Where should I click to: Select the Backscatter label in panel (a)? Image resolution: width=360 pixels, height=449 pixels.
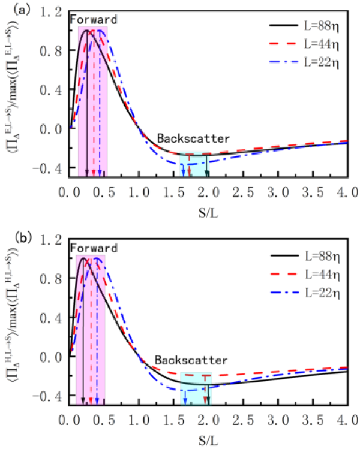click(193, 138)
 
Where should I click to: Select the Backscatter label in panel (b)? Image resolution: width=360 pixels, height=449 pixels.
click(191, 361)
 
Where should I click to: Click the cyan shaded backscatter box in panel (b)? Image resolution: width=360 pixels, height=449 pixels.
click(196, 390)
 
